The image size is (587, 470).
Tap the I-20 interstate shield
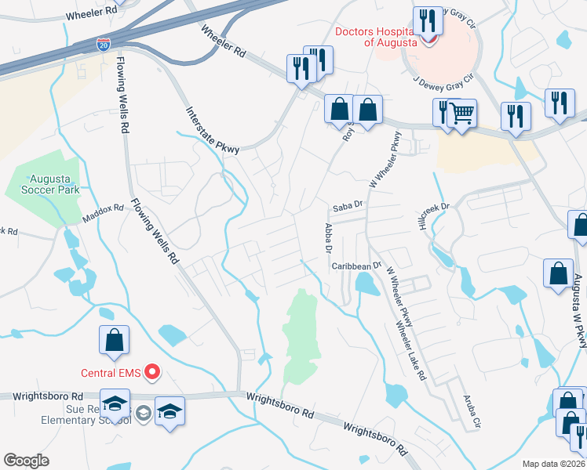click(104, 44)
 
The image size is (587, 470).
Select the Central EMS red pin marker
click(153, 372)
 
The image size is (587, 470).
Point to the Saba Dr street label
click(345, 207)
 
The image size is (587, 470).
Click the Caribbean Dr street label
click(355, 266)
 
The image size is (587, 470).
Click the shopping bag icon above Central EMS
click(114, 340)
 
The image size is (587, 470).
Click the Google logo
click(26, 461)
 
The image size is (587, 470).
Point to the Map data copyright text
click(554, 464)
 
